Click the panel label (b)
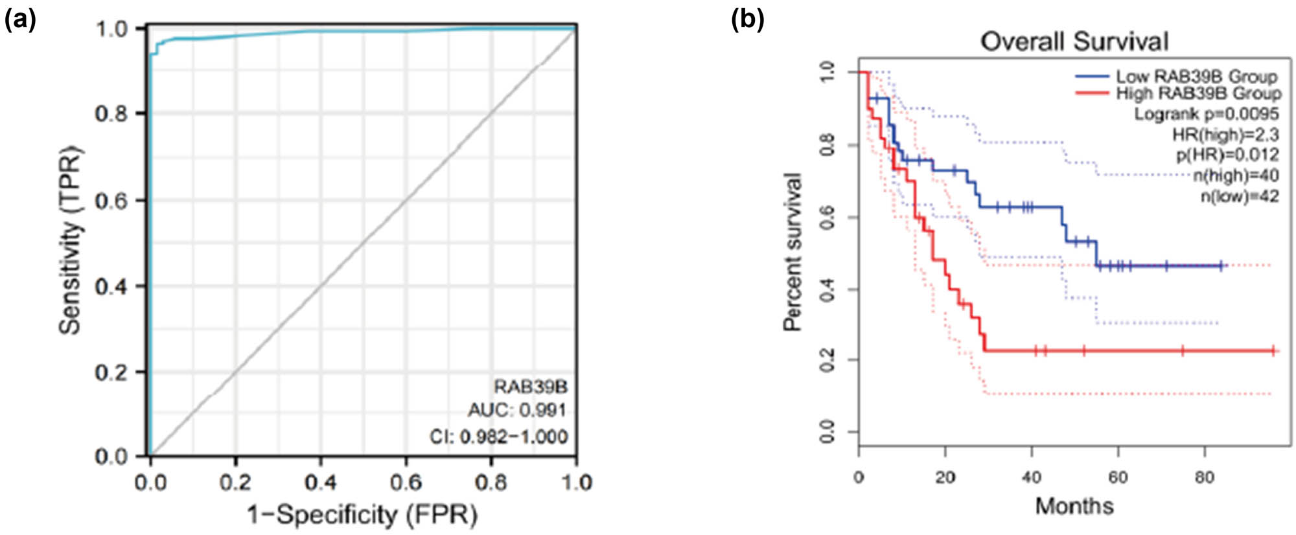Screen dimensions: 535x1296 (748, 20)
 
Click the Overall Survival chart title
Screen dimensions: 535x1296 (1074, 41)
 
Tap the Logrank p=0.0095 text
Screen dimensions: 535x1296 (1206, 114)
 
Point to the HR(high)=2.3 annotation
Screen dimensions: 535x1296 (1225, 135)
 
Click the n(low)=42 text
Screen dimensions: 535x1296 (1240, 196)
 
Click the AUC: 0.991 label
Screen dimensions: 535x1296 (517, 410)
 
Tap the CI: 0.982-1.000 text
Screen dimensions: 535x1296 (498, 437)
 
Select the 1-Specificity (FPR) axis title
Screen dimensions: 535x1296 (362, 515)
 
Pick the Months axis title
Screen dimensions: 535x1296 (1074, 506)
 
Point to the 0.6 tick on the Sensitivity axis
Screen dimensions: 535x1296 (111, 200)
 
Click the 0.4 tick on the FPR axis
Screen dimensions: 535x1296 (321, 483)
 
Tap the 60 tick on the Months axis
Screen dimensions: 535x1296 (1118, 478)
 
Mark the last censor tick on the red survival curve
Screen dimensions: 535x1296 (1273, 351)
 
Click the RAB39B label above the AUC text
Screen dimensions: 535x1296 (530, 387)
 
